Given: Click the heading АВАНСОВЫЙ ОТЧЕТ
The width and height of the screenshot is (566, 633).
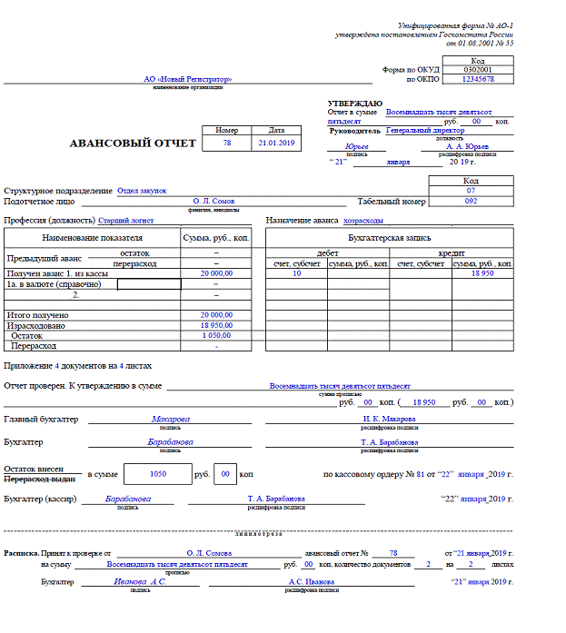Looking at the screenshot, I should pyautogui.click(x=133, y=143).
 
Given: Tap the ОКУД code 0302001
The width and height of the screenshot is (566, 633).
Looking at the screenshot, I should pyautogui.click(x=478, y=69).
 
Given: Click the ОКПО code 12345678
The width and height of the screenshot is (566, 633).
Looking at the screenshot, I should pyautogui.click(x=478, y=79).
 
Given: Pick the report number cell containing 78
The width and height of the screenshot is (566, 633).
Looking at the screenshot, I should pyautogui.click(x=226, y=143).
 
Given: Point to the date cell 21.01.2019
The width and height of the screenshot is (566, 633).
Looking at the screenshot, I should pyautogui.click(x=276, y=143).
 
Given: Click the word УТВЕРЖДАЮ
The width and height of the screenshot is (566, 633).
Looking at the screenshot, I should pyautogui.click(x=354, y=104).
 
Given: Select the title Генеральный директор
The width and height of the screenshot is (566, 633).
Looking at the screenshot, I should pyautogui.click(x=425, y=130).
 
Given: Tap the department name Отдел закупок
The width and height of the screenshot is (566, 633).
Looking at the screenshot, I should pyautogui.click(x=142, y=191).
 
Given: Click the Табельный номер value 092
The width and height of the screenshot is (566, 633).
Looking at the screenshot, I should pyautogui.click(x=471, y=201).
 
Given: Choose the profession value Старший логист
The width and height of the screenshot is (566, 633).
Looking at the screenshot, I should pyautogui.click(x=126, y=220).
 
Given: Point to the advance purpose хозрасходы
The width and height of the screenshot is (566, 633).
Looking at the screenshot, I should pyautogui.click(x=362, y=220).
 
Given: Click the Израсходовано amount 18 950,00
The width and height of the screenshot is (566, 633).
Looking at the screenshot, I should pyautogui.click(x=215, y=324).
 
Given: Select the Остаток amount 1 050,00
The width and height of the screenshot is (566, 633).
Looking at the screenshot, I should pyautogui.click(x=215, y=335).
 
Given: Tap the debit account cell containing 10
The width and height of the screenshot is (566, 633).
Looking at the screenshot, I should pyautogui.click(x=296, y=272).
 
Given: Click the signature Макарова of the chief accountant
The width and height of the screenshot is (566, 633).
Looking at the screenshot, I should pyautogui.click(x=171, y=419).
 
